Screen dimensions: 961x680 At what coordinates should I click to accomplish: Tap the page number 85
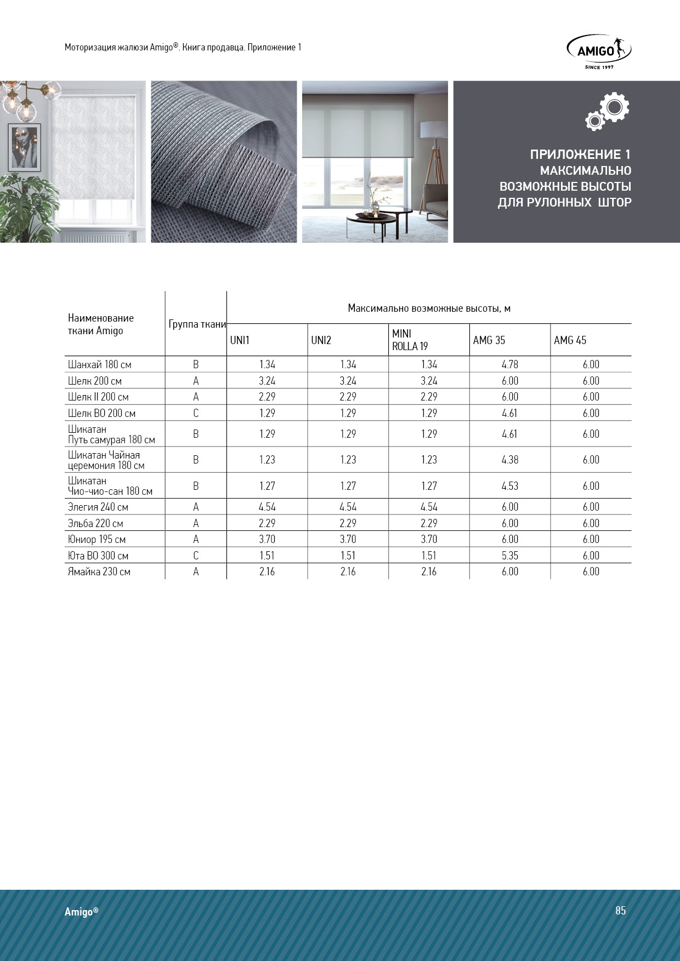[620, 910]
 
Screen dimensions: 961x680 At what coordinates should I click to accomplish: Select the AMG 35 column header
[489, 340]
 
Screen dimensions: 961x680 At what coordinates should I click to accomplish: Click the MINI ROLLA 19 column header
[410, 340]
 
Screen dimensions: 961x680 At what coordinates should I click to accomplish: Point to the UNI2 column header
[321, 340]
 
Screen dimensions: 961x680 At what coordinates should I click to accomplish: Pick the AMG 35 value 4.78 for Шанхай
[509, 364]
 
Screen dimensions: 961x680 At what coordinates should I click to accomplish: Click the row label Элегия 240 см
[98, 507]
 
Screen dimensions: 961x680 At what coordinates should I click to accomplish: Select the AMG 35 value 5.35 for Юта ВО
[509, 556]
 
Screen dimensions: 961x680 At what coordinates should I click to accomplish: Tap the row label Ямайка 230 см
[99, 571]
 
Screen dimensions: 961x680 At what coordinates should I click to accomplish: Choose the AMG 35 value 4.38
[509, 460]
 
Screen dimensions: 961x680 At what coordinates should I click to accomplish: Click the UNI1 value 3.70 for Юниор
[267, 539]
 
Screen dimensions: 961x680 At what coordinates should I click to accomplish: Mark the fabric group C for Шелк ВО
[196, 413]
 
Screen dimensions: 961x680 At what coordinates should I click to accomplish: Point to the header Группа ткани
[197, 324]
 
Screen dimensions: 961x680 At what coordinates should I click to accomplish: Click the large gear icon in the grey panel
[614, 107]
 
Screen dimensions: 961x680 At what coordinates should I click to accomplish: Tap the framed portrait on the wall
[25, 146]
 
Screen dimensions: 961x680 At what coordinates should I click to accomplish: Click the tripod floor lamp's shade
[434, 129]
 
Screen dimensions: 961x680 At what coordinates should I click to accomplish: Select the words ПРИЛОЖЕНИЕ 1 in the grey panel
[580, 155]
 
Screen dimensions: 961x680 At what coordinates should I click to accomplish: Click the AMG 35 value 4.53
[509, 486]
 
